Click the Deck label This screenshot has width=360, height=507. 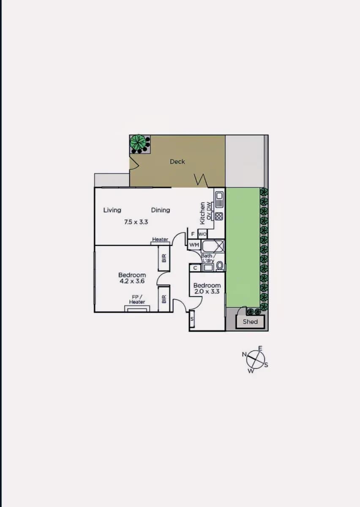(x=177, y=161)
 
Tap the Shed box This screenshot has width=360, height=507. (x=250, y=322)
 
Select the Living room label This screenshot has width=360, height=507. (x=112, y=210)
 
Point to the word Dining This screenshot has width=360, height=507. (x=161, y=210)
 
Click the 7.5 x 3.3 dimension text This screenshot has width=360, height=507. (x=136, y=222)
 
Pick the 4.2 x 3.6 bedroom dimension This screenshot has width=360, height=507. (x=132, y=281)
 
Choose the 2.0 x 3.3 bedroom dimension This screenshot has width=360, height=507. (x=207, y=292)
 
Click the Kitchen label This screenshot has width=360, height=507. (x=202, y=213)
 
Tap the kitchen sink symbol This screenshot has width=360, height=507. (x=219, y=199)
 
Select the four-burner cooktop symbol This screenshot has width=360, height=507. (x=219, y=216)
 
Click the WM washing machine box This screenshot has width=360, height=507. (x=194, y=245)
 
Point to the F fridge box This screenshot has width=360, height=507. (x=193, y=234)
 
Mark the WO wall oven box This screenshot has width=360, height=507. (x=202, y=234)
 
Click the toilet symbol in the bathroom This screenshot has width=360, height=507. (x=219, y=265)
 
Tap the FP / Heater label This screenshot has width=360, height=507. (x=137, y=300)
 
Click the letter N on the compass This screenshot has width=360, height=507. (x=244, y=354)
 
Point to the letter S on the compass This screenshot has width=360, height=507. (x=266, y=365)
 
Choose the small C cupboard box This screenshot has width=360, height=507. (x=195, y=268)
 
